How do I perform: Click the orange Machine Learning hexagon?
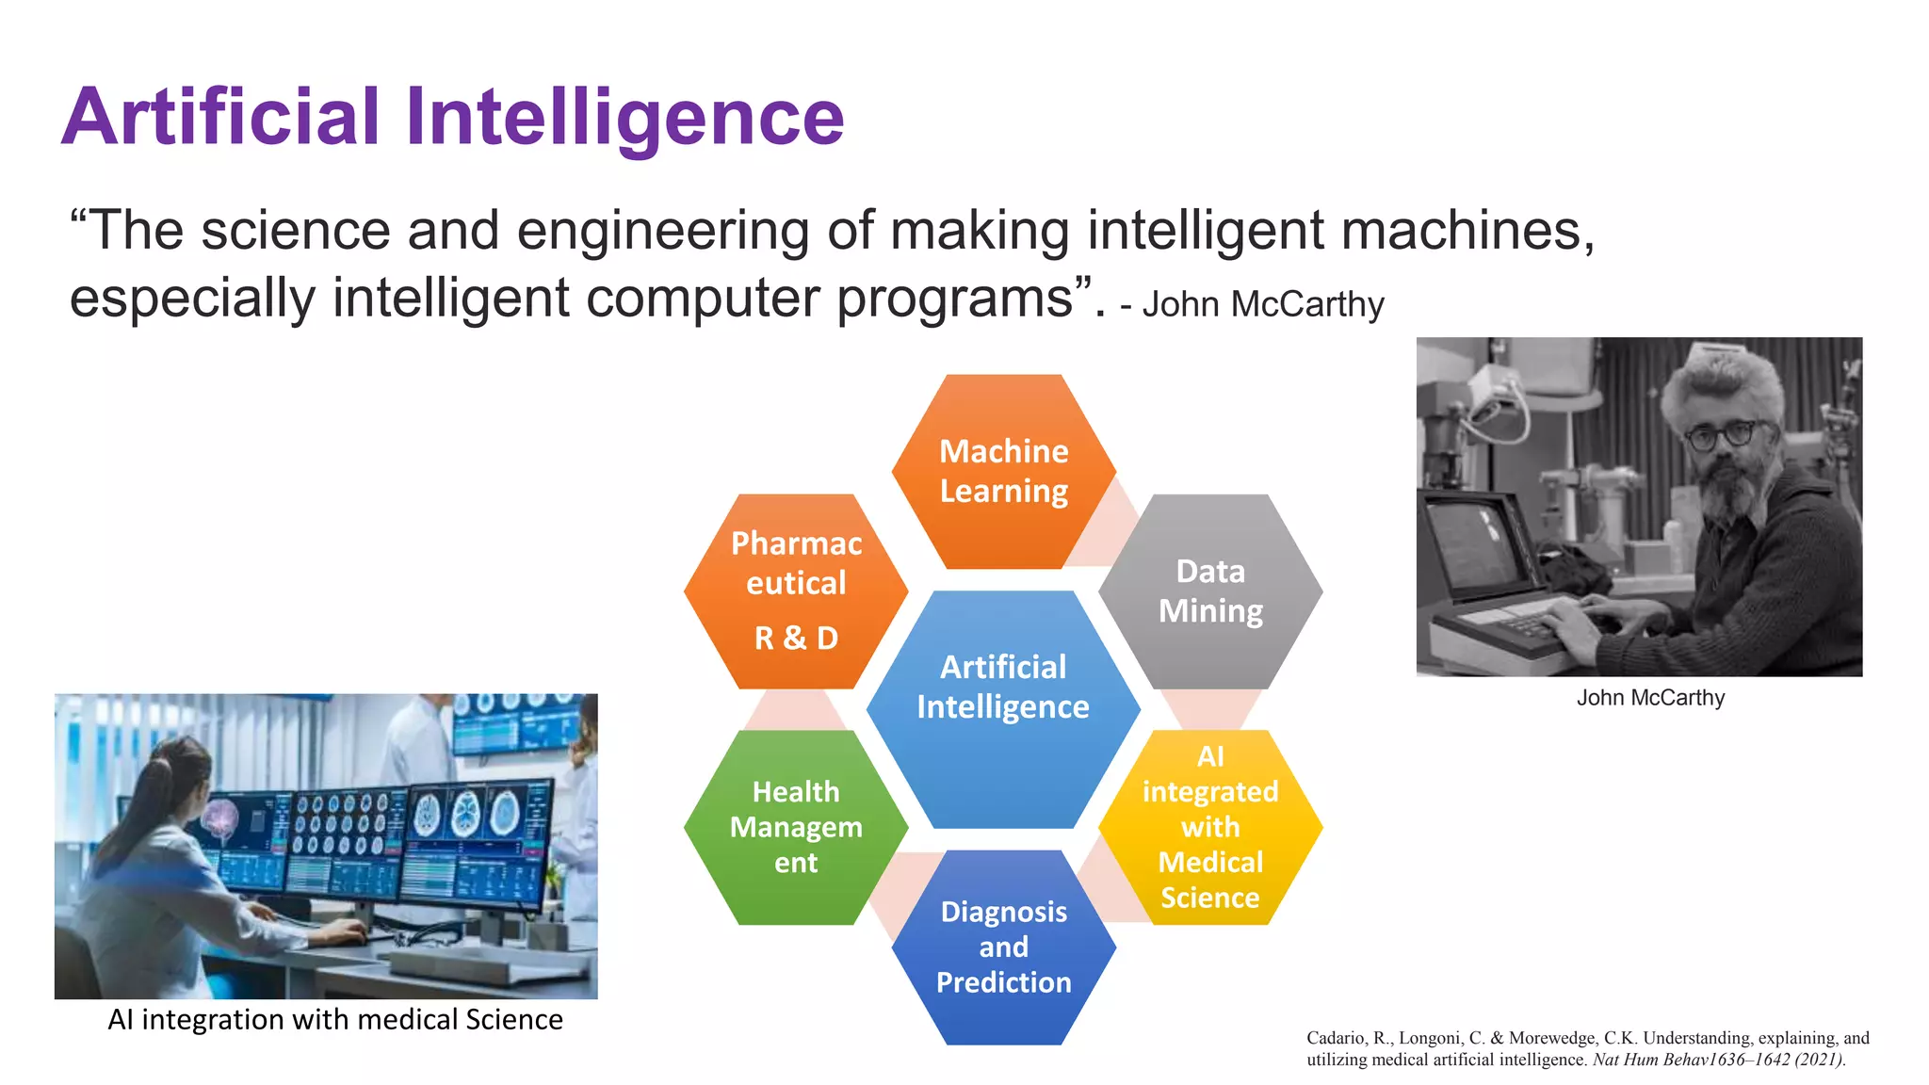[x=1004, y=471]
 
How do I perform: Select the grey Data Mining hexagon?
[x=1210, y=591]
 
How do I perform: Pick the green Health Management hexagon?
[x=796, y=827]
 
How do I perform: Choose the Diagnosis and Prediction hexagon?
[x=1004, y=947]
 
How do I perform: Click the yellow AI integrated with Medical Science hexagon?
[x=1210, y=827]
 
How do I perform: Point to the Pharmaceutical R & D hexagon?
[x=796, y=591]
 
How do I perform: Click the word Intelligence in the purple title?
[x=625, y=117]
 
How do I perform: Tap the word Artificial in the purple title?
[x=220, y=117]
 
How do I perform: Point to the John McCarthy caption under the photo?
[x=1650, y=698]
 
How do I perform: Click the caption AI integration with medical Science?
[x=335, y=1019]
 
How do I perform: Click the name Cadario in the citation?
[x=1335, y=1038]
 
